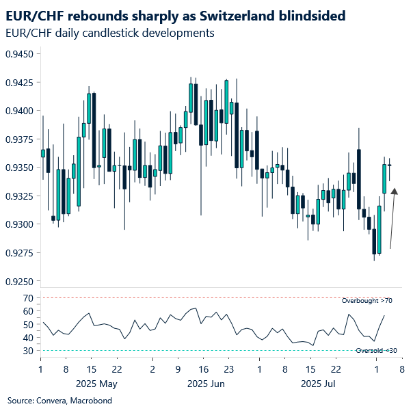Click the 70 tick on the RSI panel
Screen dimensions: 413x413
[28, 298]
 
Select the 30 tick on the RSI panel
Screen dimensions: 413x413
[28, 351]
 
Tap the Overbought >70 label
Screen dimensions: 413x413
[367, 301]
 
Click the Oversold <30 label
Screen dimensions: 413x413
[375, 351]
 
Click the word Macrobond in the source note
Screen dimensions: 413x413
[91, 400]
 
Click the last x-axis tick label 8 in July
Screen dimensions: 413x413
[401, 369]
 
